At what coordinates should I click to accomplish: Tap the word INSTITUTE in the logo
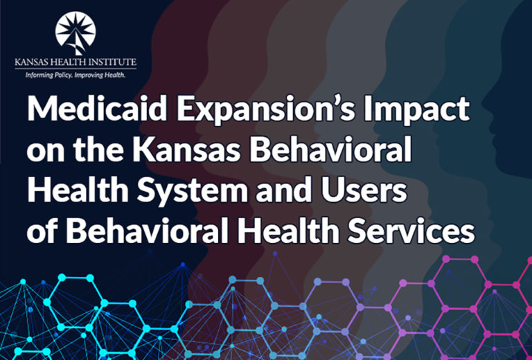click(114, 62)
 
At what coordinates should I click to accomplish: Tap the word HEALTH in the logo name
click(73, 62)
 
